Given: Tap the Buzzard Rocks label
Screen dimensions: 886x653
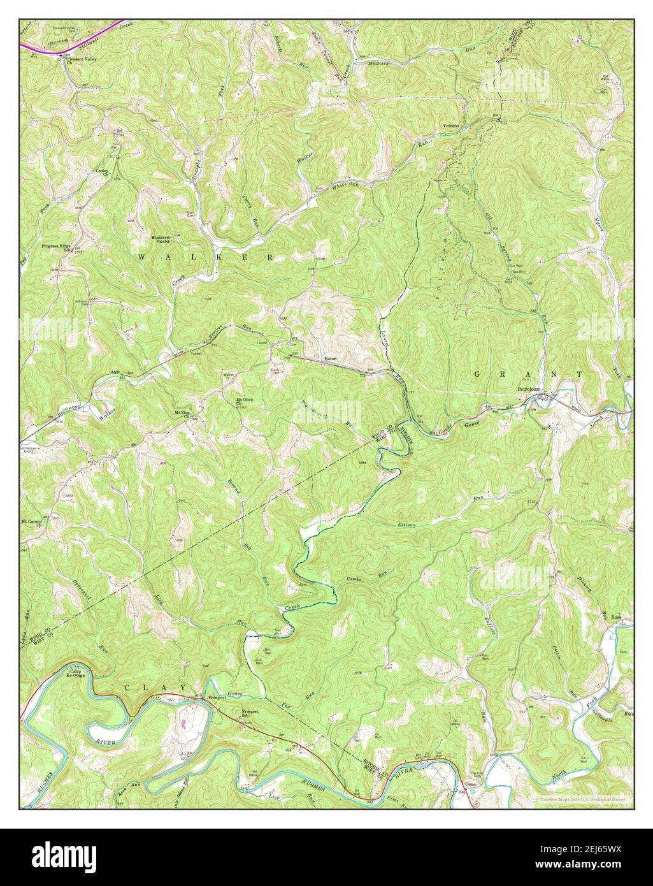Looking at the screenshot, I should [161, 240].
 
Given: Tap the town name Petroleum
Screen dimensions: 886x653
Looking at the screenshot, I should [528, 388].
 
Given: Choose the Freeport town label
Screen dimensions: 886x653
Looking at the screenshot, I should [214, 699].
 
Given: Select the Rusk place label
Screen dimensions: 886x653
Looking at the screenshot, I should [616, 617].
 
